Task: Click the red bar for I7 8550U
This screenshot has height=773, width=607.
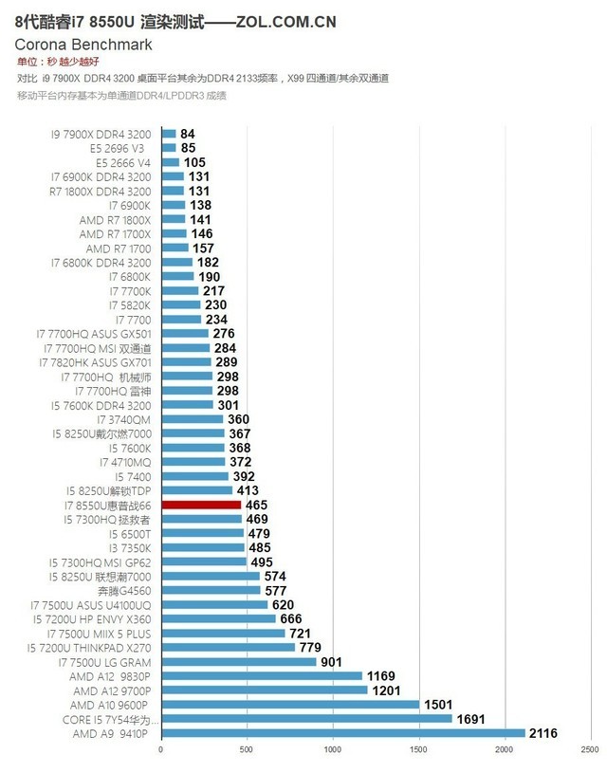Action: tap(201, 506)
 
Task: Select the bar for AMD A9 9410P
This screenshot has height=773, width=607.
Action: tap(342, 733)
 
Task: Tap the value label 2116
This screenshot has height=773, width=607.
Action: tap(543, 733)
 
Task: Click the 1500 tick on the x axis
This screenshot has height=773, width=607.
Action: tap(418, 750)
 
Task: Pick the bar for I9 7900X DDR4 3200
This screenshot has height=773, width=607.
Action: tap(168, 134)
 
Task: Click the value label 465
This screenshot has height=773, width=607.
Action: tap(256, 506)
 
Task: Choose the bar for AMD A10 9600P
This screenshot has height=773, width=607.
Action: tap(289, 705)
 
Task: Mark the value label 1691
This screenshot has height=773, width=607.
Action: tap(471, 719)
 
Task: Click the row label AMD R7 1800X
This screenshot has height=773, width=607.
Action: tap(115, 219)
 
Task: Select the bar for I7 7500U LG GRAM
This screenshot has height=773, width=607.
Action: tap(238, 662)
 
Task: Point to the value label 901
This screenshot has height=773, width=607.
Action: tap(331, 662)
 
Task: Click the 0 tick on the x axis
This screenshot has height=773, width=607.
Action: tap(161, 750)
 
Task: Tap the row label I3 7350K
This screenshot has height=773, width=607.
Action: tap(125, 547)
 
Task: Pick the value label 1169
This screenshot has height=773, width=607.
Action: tap(382, 676)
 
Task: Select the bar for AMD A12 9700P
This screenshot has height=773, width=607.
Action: tap(264, 690)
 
